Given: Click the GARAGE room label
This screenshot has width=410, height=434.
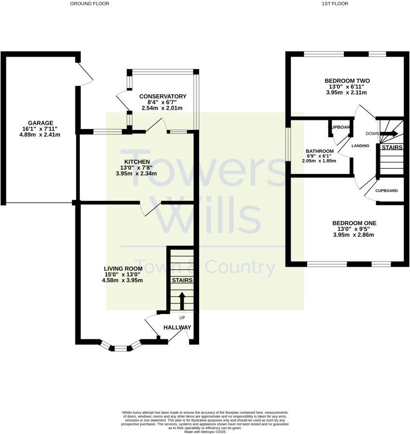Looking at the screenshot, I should coord(41,123).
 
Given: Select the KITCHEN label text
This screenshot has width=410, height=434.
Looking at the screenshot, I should coord(137,161).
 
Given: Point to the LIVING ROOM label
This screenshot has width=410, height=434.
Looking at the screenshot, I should coord(123,269).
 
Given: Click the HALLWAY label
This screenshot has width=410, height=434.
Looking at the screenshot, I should coord(177,327).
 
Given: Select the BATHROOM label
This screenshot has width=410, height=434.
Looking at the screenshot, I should coord(320,151).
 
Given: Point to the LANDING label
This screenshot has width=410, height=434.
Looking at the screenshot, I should coord(360,146).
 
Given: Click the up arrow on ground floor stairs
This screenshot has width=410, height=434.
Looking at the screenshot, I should coord(182,300).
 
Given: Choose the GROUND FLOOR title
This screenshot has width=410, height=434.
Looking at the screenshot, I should coord(89,3).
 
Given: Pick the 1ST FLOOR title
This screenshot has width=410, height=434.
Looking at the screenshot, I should coord(335,3).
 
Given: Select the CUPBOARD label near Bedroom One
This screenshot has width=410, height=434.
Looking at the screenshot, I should coord(387,191).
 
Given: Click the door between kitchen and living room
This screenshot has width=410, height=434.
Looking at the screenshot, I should coord(150,209).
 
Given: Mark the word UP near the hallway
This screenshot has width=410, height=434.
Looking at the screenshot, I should coord(182,318).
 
